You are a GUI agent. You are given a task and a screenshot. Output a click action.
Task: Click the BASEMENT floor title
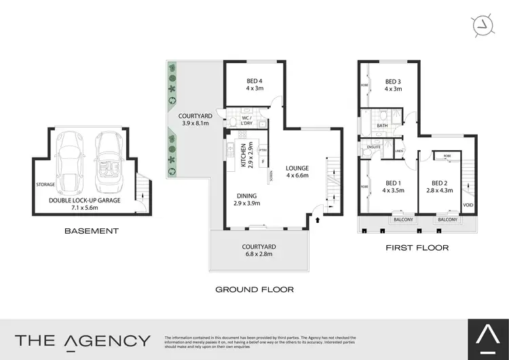pyautogui.click(x=91, y=231)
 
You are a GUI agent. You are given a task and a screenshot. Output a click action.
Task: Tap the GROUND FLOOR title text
pyautogui.click(x=254, y=289)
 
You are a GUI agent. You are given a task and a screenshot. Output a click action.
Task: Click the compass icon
pyautogui.click(x=483, y=24)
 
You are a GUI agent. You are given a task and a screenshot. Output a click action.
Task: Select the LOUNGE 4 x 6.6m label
pyautogui.click(x=297, y=172)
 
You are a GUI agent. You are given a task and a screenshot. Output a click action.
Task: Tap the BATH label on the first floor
pyautogui.click(x=382, y=126)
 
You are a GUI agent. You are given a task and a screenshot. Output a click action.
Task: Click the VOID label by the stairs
pyautogui.click(x=468, y=205)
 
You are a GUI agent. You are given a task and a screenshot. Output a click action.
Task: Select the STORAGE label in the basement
pyautogui.click(x=45, y=183)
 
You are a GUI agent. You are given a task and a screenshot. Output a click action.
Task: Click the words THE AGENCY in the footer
pyautogui.click(x=83, y=340)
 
